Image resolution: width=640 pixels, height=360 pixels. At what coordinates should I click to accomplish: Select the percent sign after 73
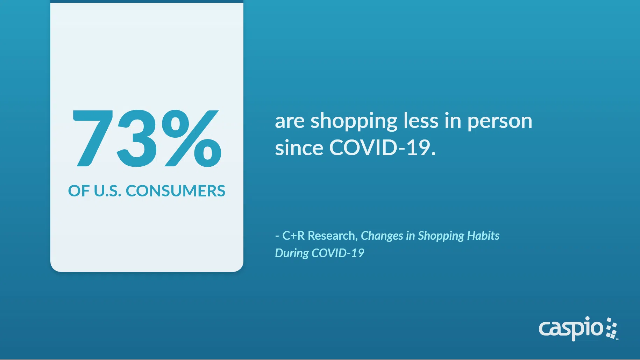click(x=191, y=138)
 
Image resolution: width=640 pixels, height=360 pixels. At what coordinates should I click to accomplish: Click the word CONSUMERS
click(x=176, y=191)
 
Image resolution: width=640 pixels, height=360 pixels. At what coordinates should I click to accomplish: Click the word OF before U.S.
click(x=79, y=191)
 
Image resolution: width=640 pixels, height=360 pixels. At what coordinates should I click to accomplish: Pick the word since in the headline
click(x=299, y=147)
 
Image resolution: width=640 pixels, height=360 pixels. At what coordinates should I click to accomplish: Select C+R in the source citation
click(x=293, y=236)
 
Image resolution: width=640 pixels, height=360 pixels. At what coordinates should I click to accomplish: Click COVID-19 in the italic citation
click(x=338, y=253)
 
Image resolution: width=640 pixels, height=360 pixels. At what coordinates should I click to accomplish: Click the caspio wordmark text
click(x=571, y=329)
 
